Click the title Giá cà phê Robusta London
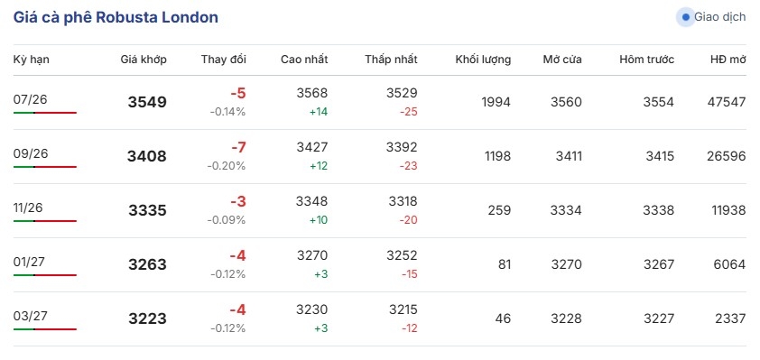point(116,17)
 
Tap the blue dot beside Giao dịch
point(685,17)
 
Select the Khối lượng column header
point(483,60)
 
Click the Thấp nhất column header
point(391,60)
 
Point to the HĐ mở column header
point(728,60)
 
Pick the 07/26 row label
point(30,99)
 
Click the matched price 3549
point(147,102)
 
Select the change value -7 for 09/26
point(237,147)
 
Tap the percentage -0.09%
point(227,220)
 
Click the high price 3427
point(312,147)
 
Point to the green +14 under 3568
point(319,112)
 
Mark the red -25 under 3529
point(409,112)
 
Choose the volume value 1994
point(496,102)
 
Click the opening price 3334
point(566,210)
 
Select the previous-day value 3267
point(659,264)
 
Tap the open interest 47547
point(727,102)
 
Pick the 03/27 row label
point(30,316)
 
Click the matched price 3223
point(147,318)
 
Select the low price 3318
point(403,201)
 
